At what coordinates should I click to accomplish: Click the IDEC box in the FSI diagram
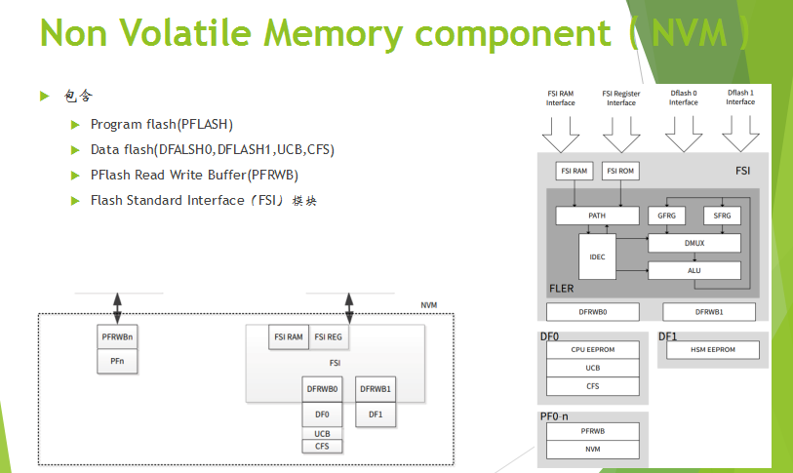597,256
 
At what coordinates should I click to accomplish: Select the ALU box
694,270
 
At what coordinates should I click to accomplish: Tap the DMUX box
694,243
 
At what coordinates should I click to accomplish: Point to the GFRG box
666,215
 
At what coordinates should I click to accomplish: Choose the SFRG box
722,215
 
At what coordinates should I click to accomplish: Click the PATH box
597,215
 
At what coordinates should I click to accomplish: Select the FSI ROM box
620,171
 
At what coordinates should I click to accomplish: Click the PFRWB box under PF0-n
593,430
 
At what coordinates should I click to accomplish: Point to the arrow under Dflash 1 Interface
739,129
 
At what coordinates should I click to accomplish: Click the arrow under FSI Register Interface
620,129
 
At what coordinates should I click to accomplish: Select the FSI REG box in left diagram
328,337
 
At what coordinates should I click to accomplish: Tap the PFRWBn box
117,337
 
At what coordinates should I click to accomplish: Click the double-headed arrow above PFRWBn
118,308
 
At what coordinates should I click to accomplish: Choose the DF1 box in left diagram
375,414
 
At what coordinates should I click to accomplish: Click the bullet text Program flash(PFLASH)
162,125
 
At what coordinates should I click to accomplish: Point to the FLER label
561,290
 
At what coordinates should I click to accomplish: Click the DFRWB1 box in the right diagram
708,312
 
